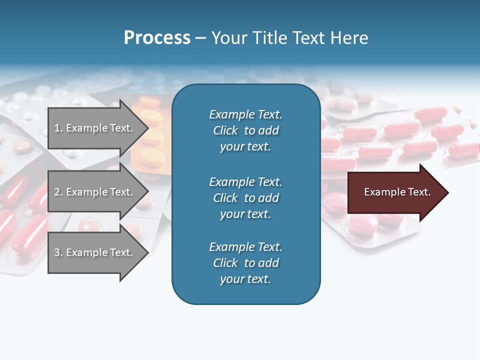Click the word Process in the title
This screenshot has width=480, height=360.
tap(157, 37)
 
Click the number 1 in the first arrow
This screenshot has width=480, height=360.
tap(57, 128)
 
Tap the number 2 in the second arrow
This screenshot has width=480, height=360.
tap(57, 192)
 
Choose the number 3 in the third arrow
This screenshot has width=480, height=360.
tap(57, 252)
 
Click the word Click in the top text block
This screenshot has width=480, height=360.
tap(225, 130)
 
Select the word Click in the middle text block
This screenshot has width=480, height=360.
tap(225, 198)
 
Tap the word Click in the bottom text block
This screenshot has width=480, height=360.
tap(225, 263)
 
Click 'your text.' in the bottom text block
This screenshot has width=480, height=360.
tap(245, 279)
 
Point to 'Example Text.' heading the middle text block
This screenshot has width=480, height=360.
tap(245, 182)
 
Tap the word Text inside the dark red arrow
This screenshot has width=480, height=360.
tap(419, 192)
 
